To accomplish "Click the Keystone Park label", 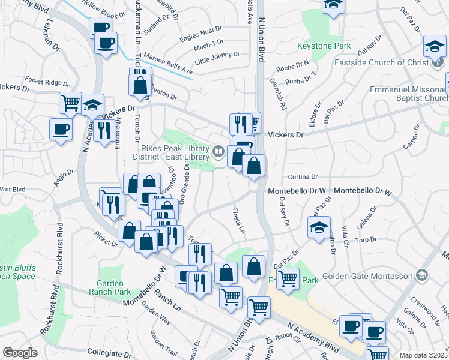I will click(324, 46).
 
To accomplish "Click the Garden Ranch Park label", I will click(114, 287).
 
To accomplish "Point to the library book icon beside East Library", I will click(219, 152).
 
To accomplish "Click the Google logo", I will click(20, 353).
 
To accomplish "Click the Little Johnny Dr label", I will click(217, 57).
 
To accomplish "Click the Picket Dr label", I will click(106, 238).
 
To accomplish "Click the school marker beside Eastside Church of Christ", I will click(434, 46).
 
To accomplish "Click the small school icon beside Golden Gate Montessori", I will click(422, 275).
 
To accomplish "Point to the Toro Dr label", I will click(366, 239).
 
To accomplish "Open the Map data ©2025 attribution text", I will click(424, 355).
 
